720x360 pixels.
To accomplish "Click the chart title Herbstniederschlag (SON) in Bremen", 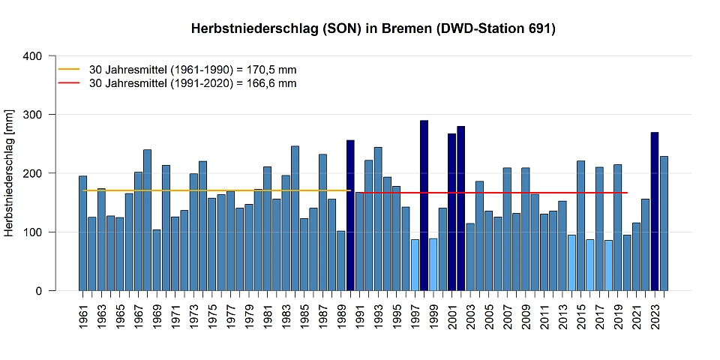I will (x=373, y=29).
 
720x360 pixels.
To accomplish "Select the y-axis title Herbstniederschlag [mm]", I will (x=9, y=173).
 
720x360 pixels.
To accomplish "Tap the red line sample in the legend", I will (x=69, y=83).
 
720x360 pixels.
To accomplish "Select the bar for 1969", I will (x=157, y=259).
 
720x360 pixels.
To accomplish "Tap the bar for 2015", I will (x=580, y=226).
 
